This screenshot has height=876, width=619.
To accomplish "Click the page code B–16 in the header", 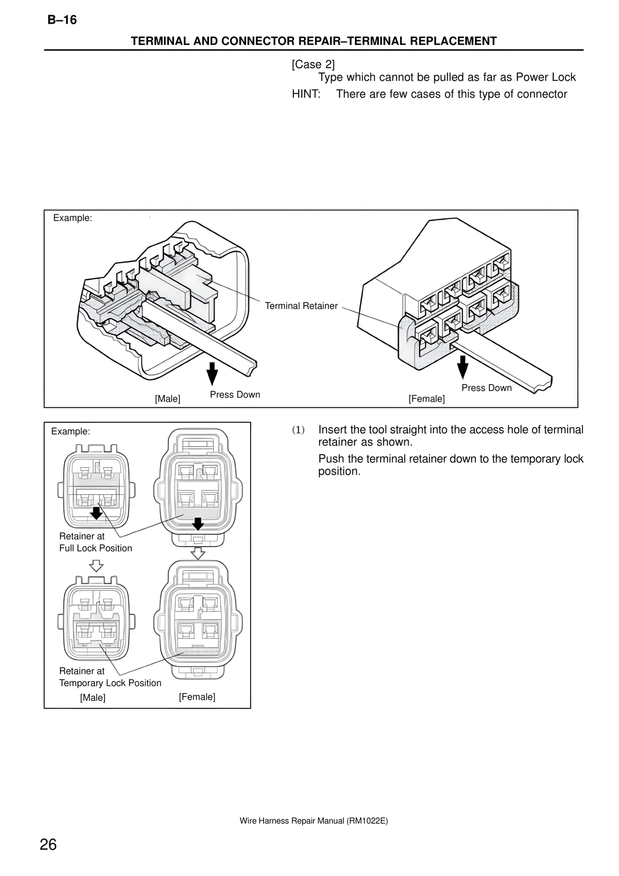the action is [62, 20].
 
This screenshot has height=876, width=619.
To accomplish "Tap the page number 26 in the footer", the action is [48, 845].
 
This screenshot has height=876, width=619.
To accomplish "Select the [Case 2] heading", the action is [313, 64].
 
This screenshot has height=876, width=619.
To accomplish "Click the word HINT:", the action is [306, 94].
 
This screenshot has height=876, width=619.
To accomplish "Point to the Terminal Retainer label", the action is [301, 306].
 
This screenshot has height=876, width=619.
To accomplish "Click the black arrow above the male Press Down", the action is [212, 374].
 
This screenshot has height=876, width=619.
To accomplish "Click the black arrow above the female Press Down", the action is [463, 367].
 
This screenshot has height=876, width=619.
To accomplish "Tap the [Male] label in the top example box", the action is [167, 399].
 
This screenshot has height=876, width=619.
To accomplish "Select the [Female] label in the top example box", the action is [427, 399].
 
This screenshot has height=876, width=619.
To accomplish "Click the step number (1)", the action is [298, 430].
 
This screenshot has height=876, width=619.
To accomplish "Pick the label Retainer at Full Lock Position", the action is [96, 542].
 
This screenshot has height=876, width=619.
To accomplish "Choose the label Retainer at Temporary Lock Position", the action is [110, 677].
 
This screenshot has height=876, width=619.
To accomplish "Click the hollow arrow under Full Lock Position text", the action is [97, 566].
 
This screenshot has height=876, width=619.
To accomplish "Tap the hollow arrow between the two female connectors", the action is [197, 553].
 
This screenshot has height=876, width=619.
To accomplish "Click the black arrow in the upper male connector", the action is [97, 512].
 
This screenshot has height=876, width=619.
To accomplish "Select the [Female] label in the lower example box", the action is [197, 697].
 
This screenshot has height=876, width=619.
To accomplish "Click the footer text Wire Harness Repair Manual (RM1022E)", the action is [314, 821].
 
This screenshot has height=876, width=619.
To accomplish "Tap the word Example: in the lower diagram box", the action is [71, 431].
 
